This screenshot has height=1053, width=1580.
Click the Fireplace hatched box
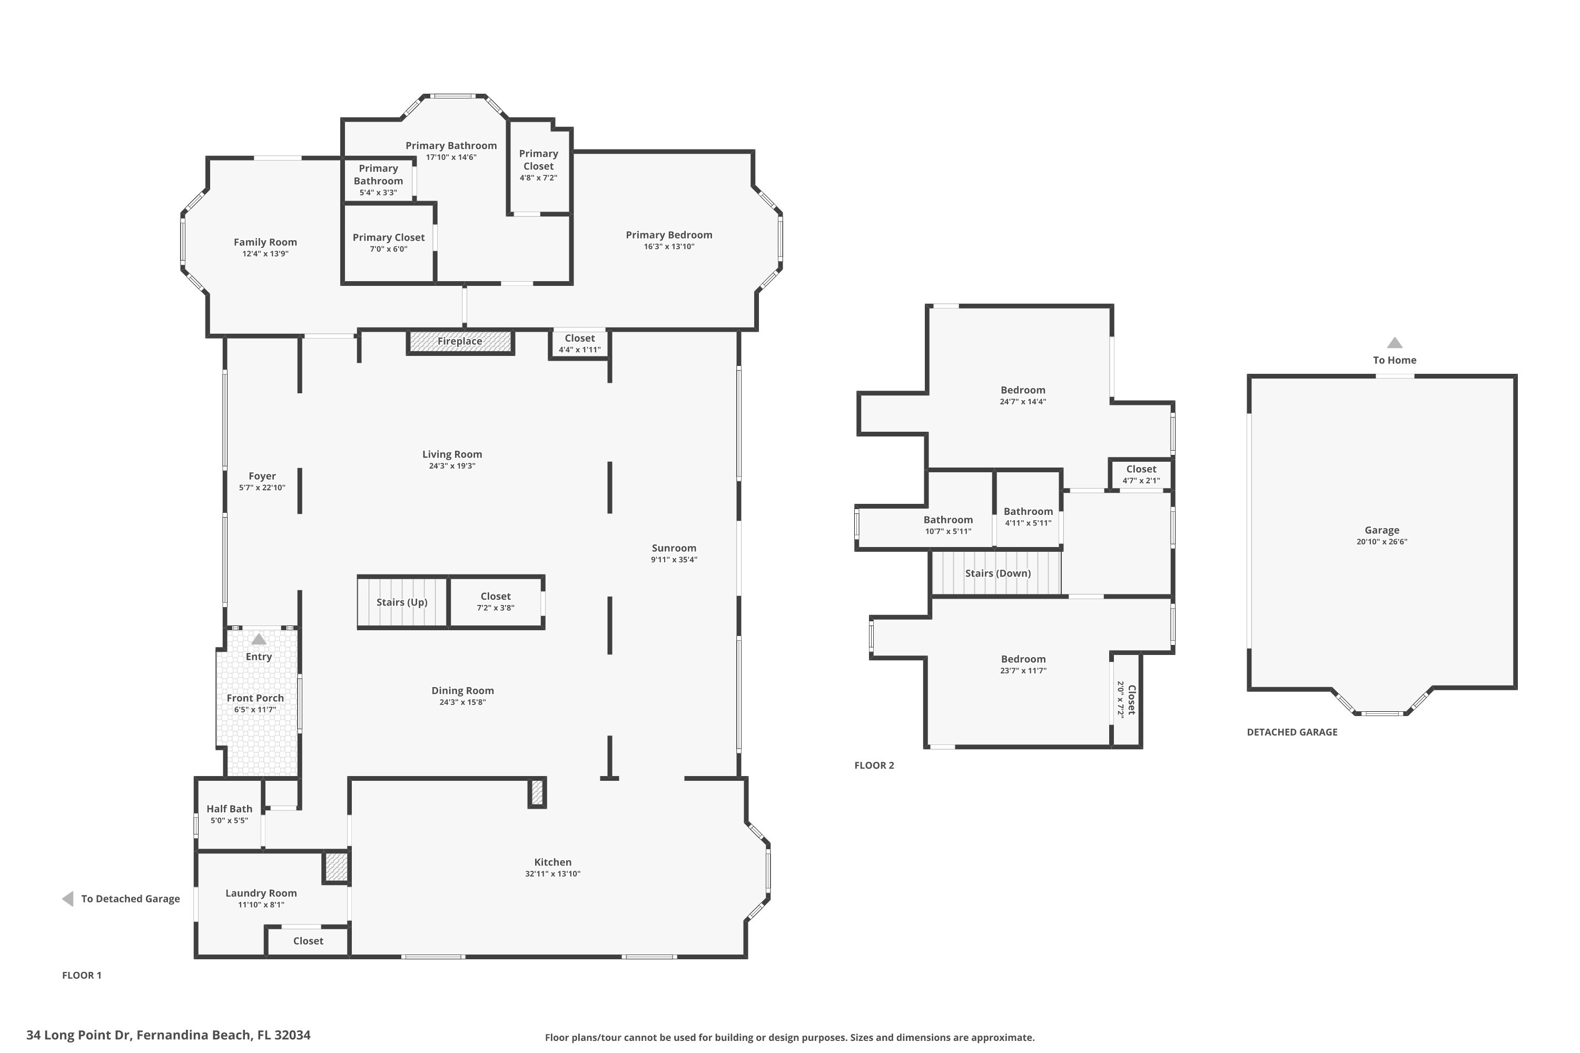460,342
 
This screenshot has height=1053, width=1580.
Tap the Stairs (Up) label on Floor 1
402,602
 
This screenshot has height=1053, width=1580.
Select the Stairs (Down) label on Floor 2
998,573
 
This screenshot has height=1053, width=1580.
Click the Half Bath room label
229,809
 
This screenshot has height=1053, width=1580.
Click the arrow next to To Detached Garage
68,899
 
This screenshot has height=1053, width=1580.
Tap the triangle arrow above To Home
1395,343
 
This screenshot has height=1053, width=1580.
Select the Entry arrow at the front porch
259,639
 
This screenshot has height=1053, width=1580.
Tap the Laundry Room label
261,893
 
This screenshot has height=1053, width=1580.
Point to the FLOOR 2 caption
874,766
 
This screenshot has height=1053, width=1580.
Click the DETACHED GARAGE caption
1292,733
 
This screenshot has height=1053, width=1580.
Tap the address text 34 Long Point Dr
168,1035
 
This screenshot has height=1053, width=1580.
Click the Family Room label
265,242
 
